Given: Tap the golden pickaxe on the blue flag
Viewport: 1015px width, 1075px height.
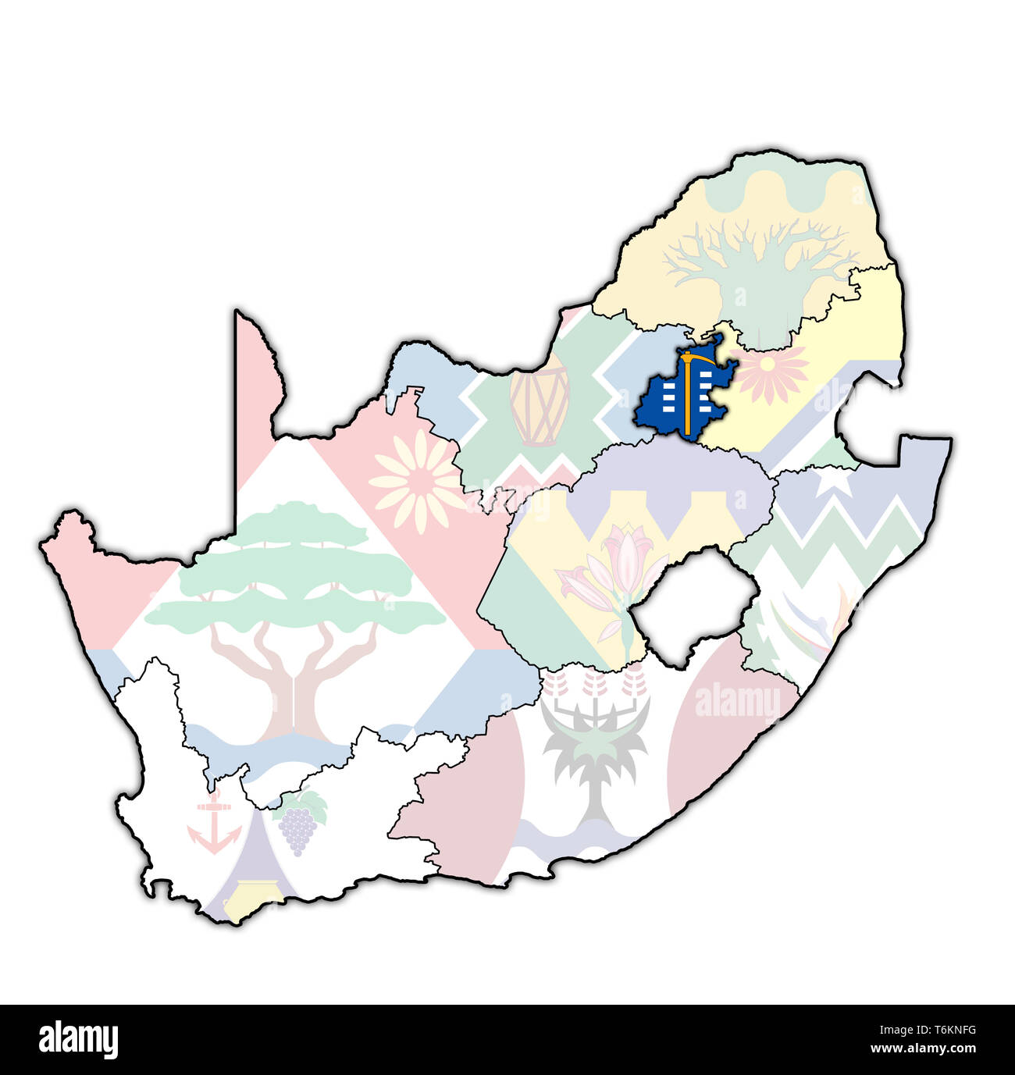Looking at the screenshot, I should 687,390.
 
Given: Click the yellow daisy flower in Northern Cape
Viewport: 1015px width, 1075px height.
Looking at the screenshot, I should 418,481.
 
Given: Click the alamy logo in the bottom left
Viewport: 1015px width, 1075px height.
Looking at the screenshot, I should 78,1039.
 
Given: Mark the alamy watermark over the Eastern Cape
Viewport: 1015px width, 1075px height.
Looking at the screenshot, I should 737,701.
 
